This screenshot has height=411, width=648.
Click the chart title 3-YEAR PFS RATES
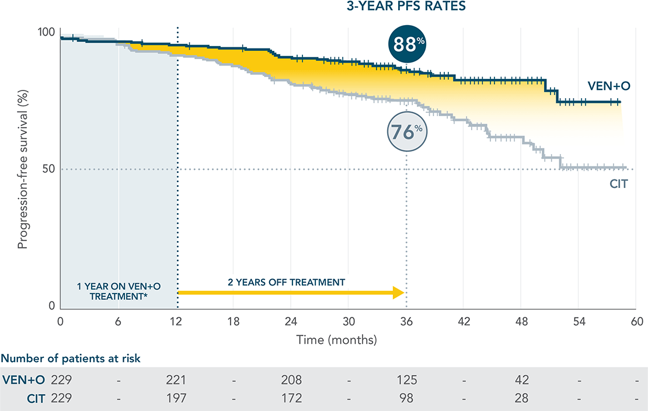pyautogui.click(x=407, y=8)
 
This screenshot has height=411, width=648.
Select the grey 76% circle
pyautogui.click(x=407, y=131)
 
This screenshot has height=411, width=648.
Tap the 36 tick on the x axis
pyautogui.click(x=406, y=322)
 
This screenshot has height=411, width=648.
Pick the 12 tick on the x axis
pyautogui.click(x=176, y=322)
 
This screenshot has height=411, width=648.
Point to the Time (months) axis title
pyautogui.click(x=336, y=339)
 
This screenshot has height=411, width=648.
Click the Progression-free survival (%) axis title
pyautogui.click(x=22, y=169)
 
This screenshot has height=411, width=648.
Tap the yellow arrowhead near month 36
pyautogui.click(x=399, y=292)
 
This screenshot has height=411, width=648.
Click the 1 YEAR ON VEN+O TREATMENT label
pyautogui.click(x=119, y=291)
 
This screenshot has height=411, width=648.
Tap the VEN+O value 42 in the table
pyautogui.click(x=521, y=380)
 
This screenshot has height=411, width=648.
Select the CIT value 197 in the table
pyautogui.click(x=176, y=399)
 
